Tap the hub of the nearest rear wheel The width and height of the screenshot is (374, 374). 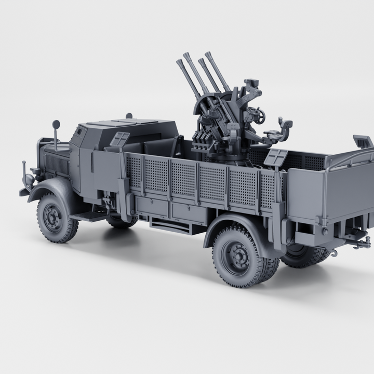tap(237, 257)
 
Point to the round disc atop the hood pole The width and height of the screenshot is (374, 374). tap(56, 125)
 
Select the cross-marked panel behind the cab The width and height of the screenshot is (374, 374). tap(121, 140)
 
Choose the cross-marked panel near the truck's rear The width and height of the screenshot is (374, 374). tap(276, 156)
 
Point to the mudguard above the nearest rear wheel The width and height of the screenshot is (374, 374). tap(234, 222)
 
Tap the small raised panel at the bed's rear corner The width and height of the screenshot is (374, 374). tap(362, 141)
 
